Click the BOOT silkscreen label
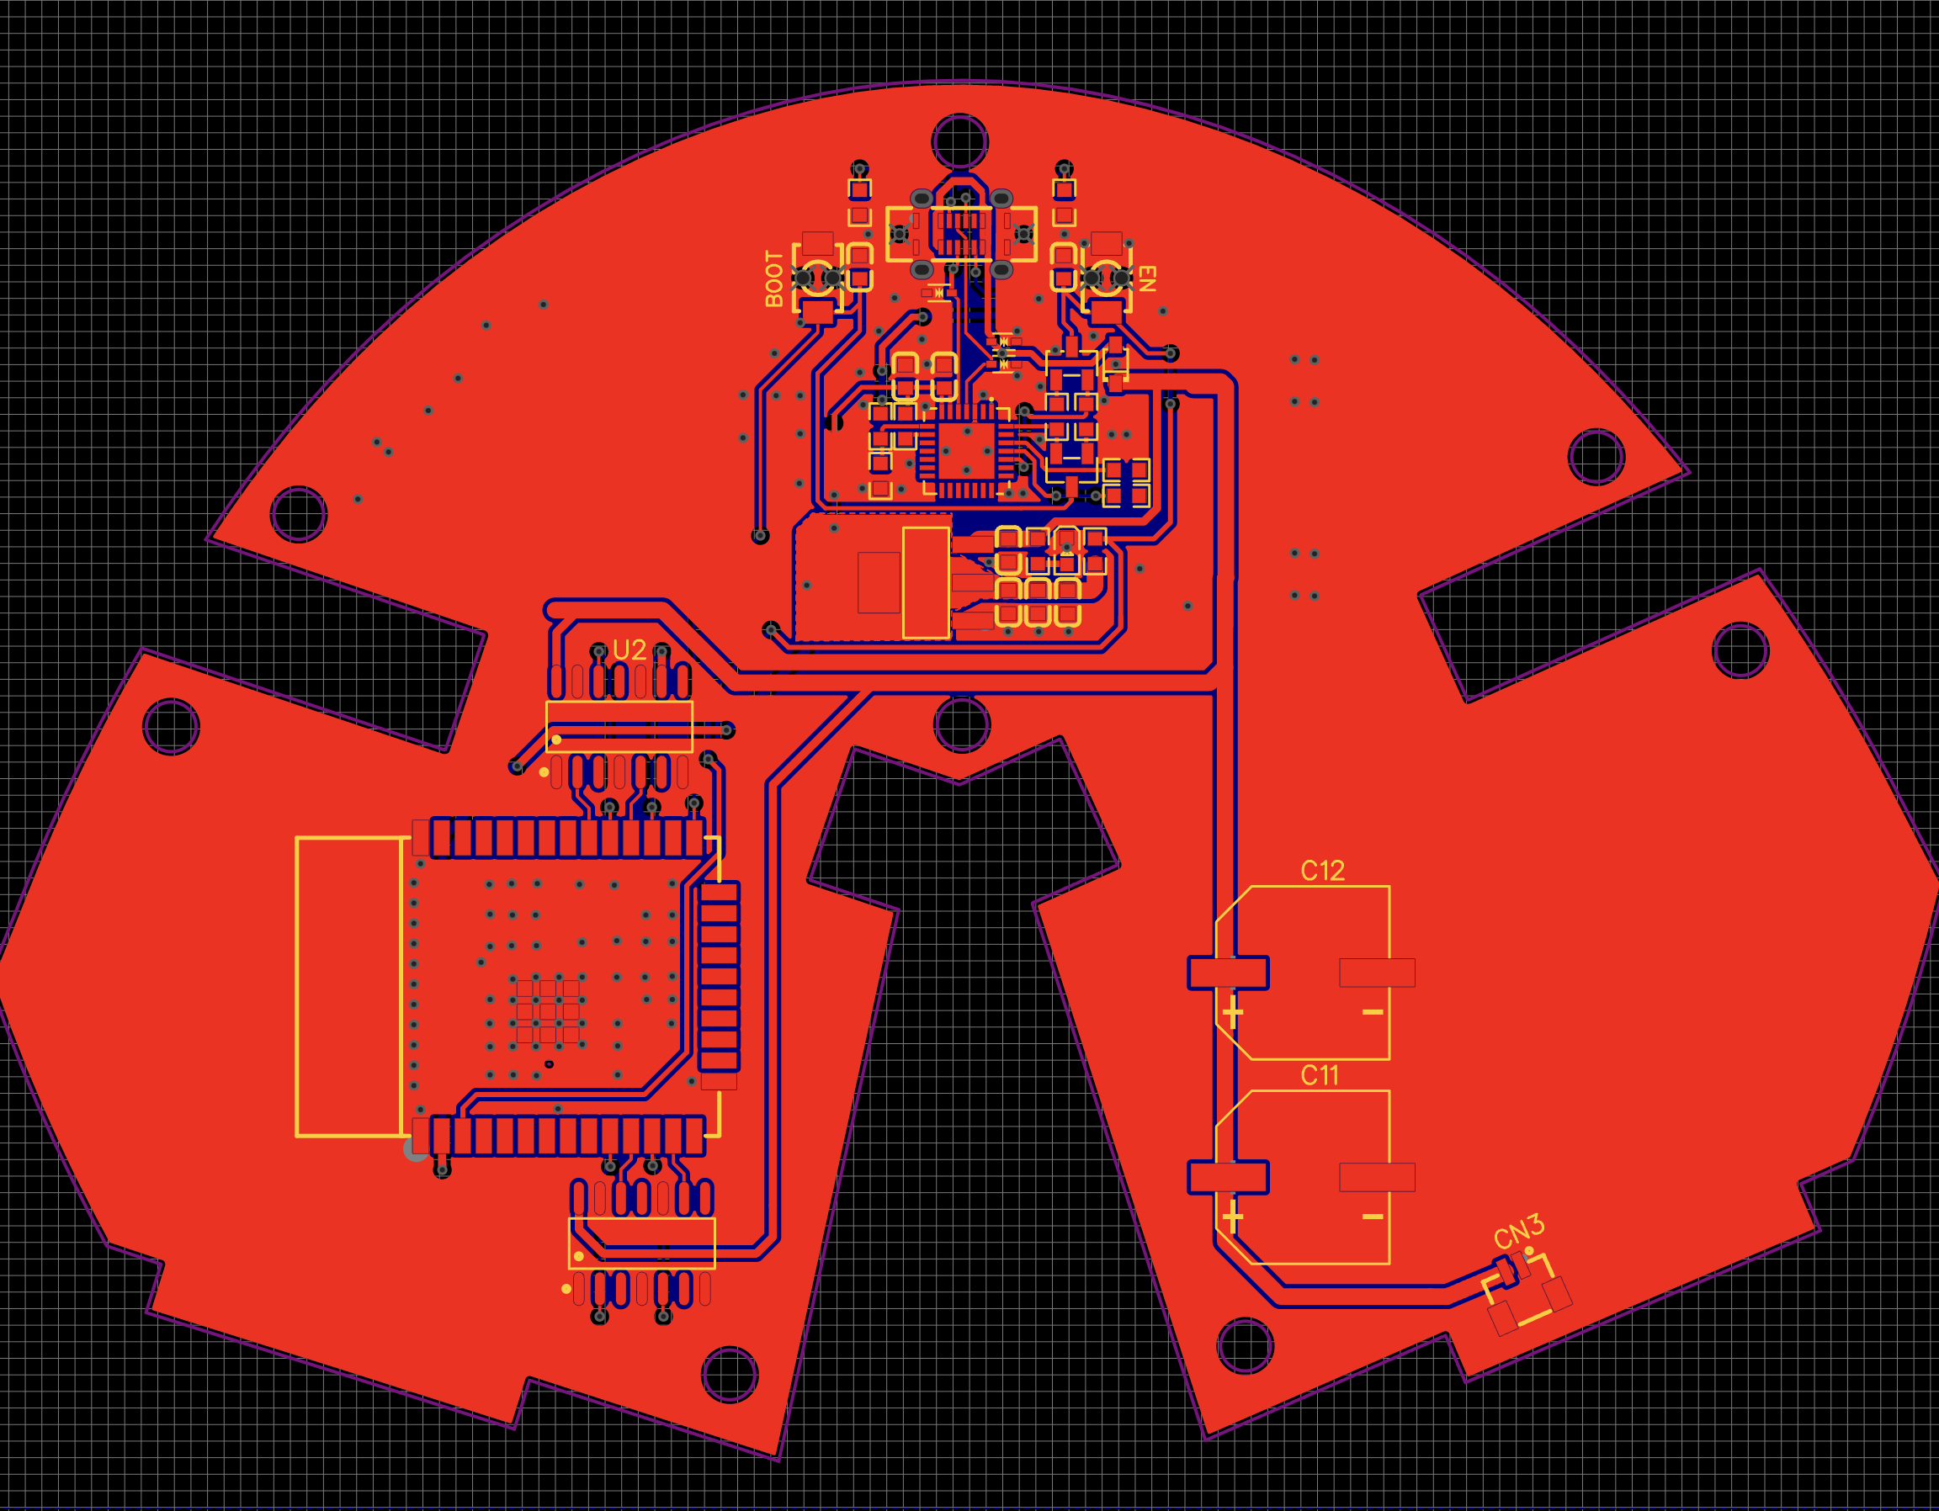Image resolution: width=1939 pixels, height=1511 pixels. point(774,278)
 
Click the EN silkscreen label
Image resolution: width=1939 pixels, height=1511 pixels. point(1147,278)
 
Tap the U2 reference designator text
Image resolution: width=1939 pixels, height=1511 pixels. point(630,649)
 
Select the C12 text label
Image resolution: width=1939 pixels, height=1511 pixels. point(1322,871)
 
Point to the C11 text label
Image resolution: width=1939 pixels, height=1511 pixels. point(1320,1076)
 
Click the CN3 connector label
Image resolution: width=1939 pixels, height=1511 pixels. point(1519,1233)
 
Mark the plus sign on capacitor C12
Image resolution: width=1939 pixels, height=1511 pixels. point(1232,1012)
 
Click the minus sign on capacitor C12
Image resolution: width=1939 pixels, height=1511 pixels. point(1373,1012)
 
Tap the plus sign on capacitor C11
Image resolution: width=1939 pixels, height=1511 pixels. point(1232,1217)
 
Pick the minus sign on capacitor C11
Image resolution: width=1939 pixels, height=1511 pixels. point(1373,1217)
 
